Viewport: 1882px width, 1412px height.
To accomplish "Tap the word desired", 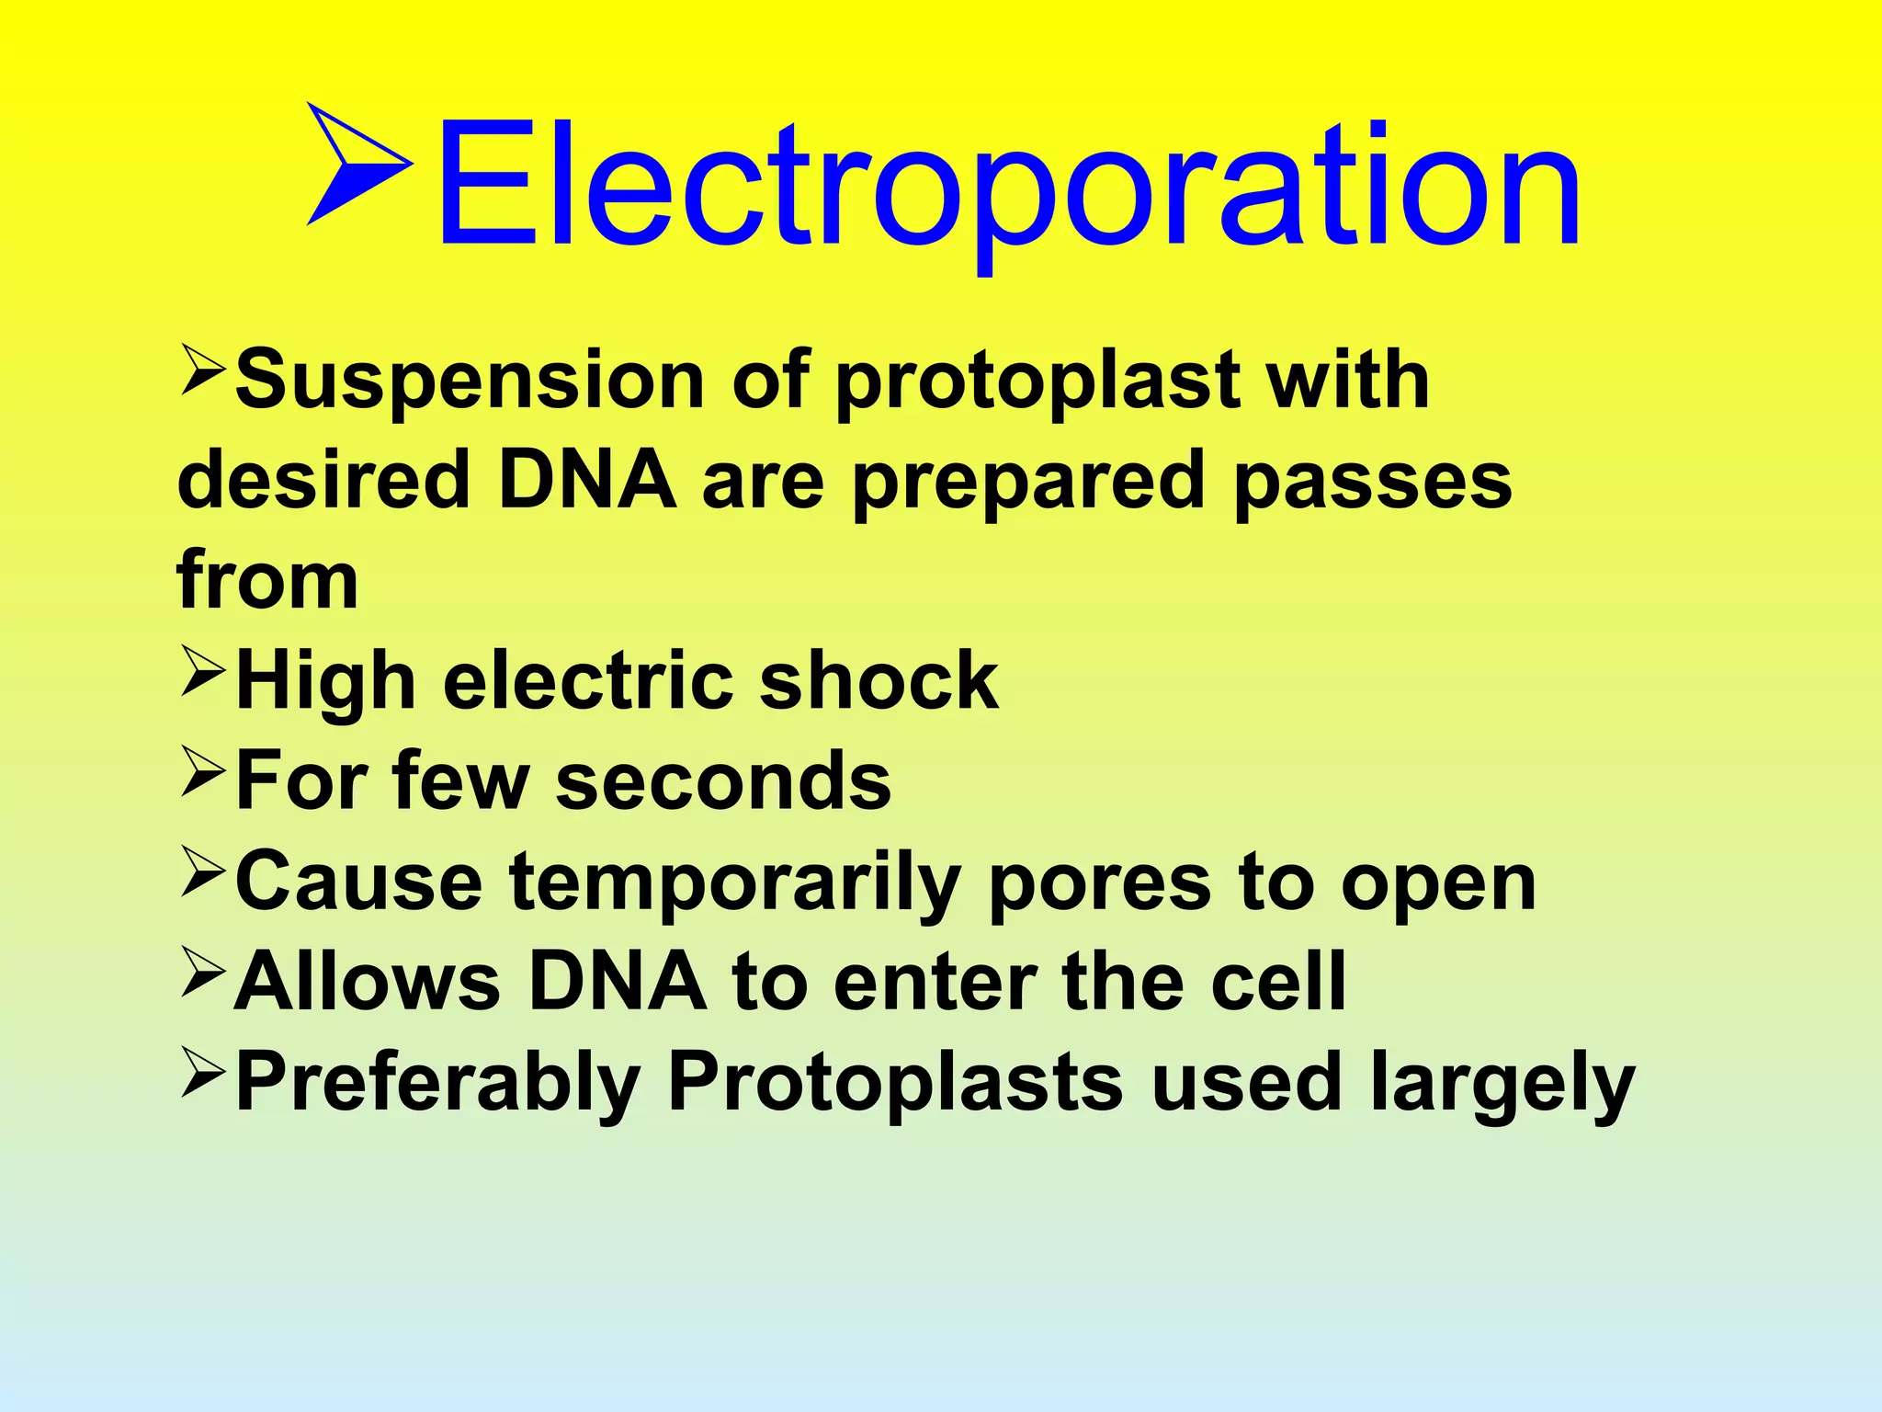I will pos(323,480).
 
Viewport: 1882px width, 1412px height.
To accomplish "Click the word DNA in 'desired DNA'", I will pos(587,480).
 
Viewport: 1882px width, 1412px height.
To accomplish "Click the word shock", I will pos(879,681).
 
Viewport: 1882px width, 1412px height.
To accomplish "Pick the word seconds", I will pos(724,781).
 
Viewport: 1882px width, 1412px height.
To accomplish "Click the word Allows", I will pos(368,982).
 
